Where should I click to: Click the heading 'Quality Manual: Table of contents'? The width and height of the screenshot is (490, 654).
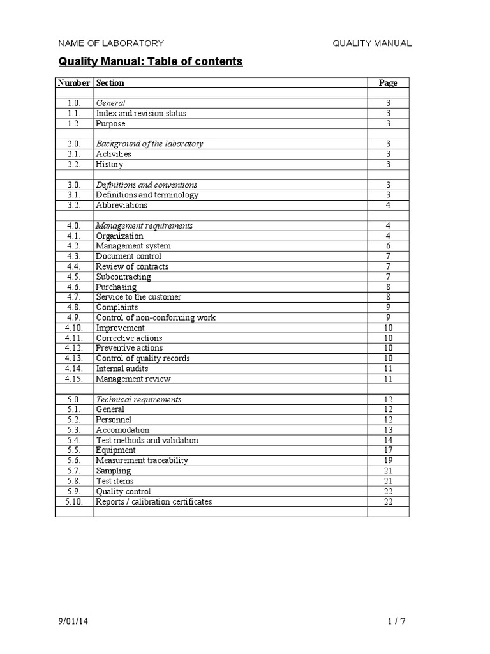coord(151,62)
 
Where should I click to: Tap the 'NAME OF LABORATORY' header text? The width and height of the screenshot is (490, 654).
coord(111,43)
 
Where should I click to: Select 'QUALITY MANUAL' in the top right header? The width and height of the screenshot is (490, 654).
coord(372,43)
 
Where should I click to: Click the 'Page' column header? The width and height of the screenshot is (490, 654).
coord(388,82)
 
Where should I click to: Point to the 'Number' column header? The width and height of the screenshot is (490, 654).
coord(74,82)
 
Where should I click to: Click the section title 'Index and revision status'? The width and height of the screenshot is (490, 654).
coord(141,113)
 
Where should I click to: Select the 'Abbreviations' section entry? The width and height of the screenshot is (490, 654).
coord(121,205)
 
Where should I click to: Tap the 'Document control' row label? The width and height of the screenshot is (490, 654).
coord(128,256)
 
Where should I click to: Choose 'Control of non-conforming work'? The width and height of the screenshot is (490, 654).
coord(156,317)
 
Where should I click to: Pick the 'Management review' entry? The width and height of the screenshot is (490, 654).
coord(133,379)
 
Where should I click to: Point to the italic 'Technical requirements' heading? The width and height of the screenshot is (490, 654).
coord(138,399)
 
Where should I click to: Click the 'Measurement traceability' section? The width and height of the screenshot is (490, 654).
coord(142,460)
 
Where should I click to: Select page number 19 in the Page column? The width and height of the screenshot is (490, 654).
coord(388,460)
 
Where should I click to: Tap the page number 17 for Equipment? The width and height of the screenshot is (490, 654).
coord(388,450)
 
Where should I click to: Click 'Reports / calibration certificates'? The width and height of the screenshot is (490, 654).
coord(154,501)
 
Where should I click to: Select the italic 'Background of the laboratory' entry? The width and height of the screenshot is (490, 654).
coord(149,144)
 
